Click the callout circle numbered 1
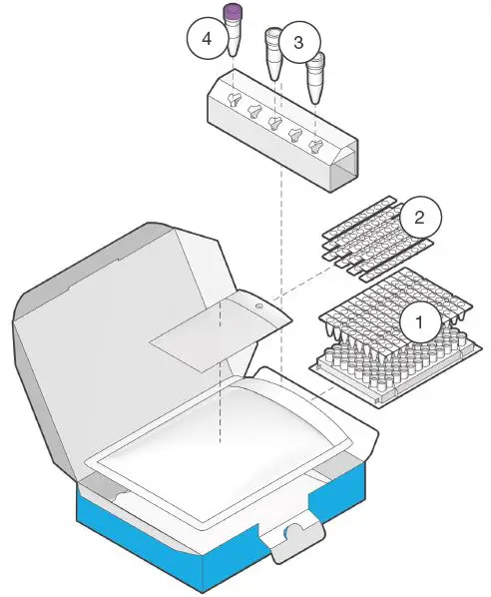(419, 321)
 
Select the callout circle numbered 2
(419, 216)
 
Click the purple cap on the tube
(235, 12)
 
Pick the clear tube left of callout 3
(270, 56)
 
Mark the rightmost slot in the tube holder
(316, 145)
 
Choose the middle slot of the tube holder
(275, 122)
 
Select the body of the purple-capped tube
(234, 38)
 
